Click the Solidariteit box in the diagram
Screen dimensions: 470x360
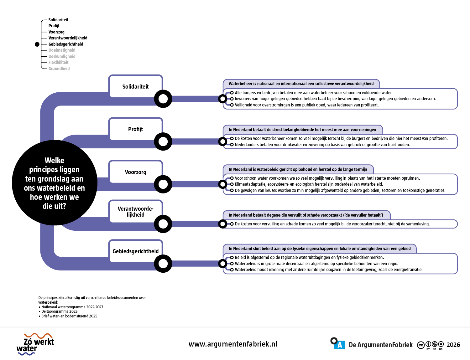(136, 86)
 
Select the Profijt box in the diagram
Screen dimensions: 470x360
(136, 129)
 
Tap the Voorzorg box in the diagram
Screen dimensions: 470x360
(136, 172)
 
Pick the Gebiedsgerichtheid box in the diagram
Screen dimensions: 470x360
(136, 251)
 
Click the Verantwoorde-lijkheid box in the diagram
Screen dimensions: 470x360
(136, 212)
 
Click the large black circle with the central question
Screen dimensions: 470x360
(55, 183)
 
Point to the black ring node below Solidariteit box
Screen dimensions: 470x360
(163, 99)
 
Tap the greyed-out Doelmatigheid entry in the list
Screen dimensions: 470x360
(62, 50)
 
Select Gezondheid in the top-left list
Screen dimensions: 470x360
(59, 69)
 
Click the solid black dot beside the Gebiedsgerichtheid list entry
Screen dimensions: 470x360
(37, 44)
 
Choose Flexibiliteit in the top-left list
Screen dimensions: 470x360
(58, 62)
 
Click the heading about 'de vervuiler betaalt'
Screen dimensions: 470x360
(306, 215)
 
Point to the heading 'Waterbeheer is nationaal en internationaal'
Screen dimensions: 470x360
(301, 84)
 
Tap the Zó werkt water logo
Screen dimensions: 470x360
(35, 344)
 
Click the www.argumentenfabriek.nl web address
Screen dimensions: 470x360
(233, 344)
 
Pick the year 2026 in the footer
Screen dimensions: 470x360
(453, 345)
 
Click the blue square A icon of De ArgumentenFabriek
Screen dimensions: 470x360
(339, 345)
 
